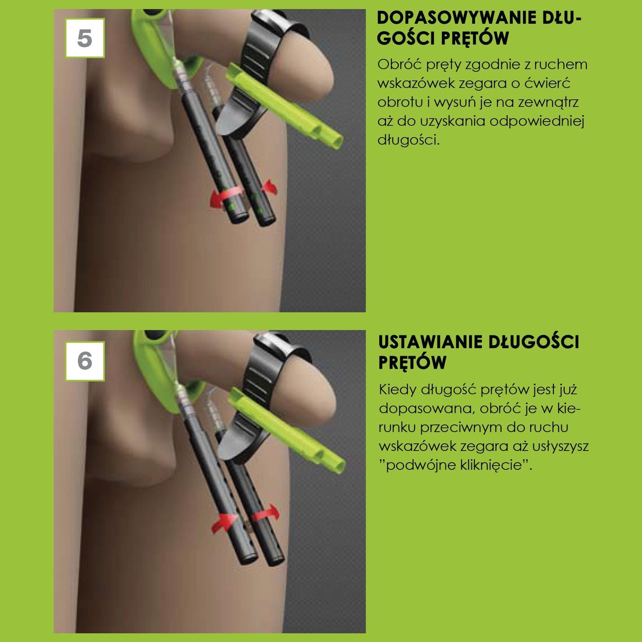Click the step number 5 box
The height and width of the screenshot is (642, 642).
[85, 38]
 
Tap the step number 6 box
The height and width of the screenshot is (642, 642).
[85, 361]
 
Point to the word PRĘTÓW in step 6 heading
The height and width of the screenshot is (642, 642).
[412, 362]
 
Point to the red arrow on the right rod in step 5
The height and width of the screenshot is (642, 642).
[269, 187]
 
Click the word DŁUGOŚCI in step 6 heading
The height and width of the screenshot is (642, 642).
[534, 342]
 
